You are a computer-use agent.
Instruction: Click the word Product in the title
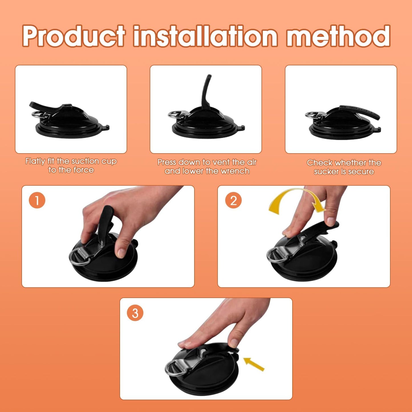click(x=73, y=36)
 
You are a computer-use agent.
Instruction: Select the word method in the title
click(x=338, y=36)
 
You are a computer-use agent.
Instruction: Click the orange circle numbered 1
click(x=37, y=200)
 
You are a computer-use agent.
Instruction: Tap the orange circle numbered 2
click(x=233, y=200)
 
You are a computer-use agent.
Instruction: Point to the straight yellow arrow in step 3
click(x=254, y=364)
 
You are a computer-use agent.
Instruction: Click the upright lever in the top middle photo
click(x=206, y=92)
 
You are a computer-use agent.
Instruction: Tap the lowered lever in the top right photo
click(x=361, y=111)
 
